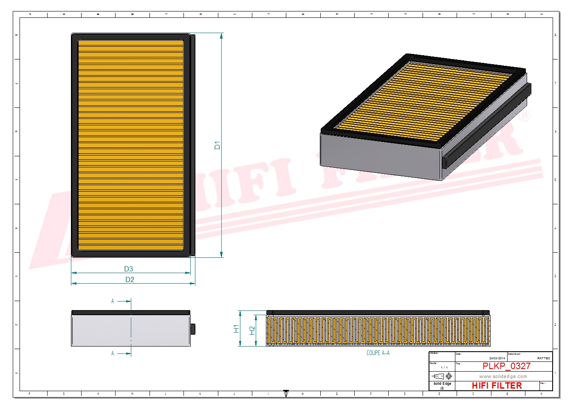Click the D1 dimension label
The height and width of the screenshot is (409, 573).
pos(217,145)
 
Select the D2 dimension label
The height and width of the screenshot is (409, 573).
pos(130,279)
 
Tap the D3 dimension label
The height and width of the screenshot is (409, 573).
pos(128,269)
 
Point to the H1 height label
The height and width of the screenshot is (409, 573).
pos(237,328)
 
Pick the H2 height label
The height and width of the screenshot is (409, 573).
pos(252,330)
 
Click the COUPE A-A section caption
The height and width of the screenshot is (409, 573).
pos(378,353)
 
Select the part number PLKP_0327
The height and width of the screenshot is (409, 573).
pos(506,366)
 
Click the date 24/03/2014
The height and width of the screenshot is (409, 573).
pos(497,358)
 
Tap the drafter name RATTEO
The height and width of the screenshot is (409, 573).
pos(543,358)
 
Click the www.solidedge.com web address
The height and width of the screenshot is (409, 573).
pos(503,376)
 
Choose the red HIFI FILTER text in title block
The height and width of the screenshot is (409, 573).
pos(497,386)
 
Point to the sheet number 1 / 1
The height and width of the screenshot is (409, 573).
pos(444,367)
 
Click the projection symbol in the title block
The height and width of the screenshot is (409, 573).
pos(442,376)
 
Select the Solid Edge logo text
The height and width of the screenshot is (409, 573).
pos(442,384)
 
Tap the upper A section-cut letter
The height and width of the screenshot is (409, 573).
pos(113,301)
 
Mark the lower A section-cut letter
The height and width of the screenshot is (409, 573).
pos(113,353)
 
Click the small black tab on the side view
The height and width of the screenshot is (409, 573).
pos(193,329)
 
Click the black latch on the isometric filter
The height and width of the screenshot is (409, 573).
pos(446,162)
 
